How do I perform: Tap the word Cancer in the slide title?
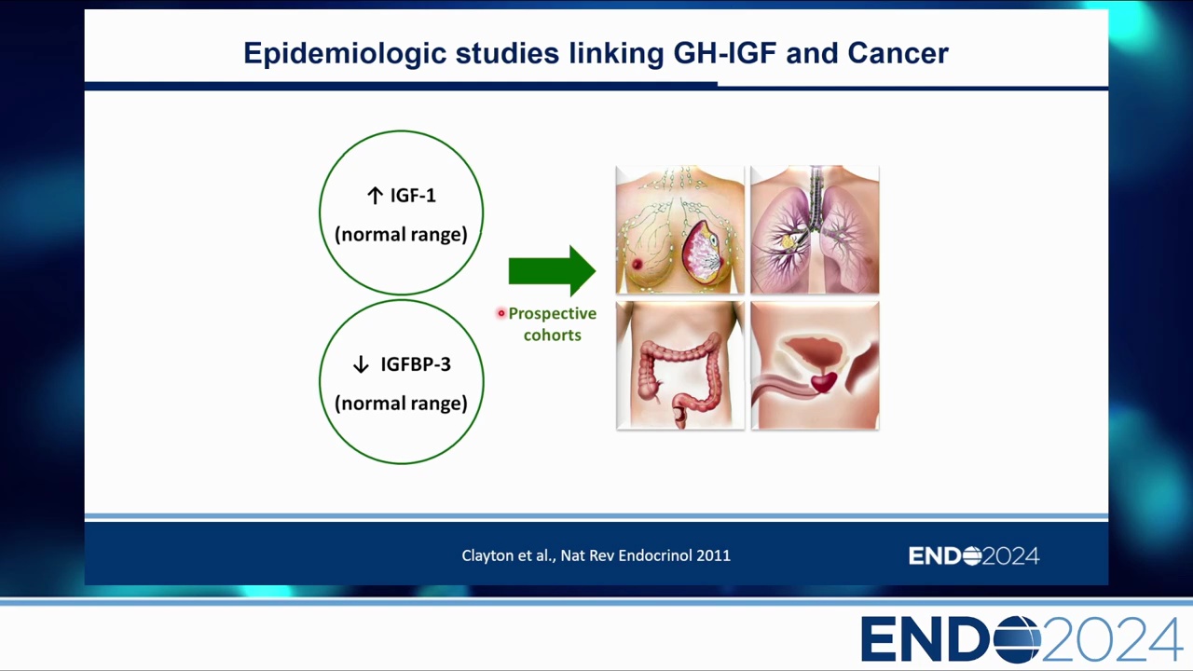point(898,53)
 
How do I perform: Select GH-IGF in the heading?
point(725,53)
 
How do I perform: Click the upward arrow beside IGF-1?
point(375,196)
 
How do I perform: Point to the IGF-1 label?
point(413,196)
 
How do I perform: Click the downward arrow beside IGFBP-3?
point(361,364)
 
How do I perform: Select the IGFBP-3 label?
point(416,364)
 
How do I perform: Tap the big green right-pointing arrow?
point(552,270)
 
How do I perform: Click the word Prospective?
point(553,313)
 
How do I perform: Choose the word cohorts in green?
point(553,335)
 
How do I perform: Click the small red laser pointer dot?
point(501,313)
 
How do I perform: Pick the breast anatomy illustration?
point(679,229)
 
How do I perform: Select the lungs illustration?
point(815,229)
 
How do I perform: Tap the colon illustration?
point(680,365)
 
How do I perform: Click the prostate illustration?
point(815,365)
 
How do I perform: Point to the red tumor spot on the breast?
point(637,264)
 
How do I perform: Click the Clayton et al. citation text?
point(596,555)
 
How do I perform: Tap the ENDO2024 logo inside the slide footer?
point(974,556)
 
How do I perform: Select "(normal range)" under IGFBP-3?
point(401,404)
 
